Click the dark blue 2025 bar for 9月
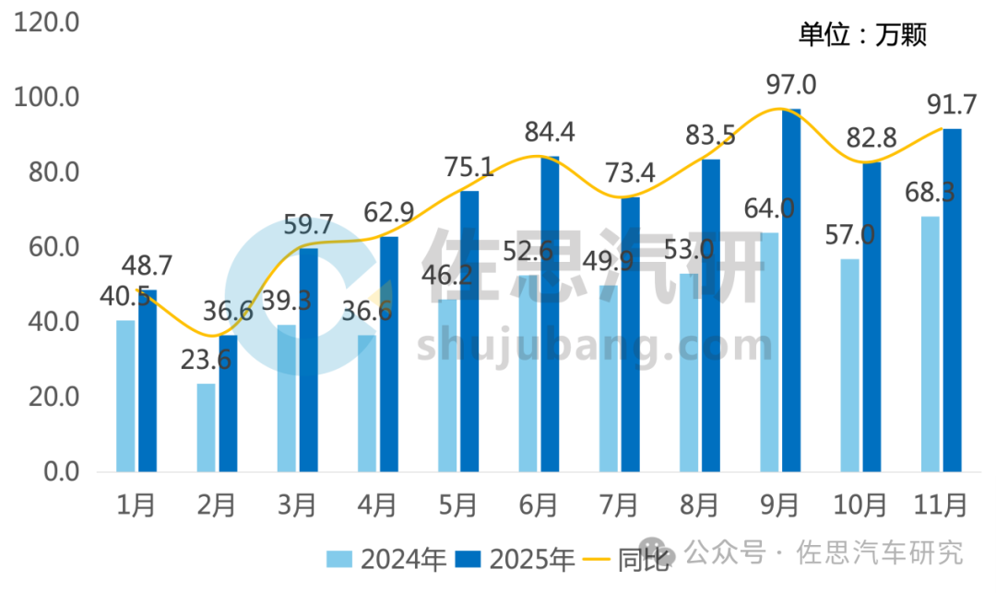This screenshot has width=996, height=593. pyautogui.click(x=791, y=291)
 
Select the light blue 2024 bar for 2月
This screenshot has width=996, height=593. pyautogui.click(x=206, y=428)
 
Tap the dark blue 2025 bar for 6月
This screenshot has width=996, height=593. pyautogui.click(x=550, y=314)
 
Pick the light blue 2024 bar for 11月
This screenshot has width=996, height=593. pyautogui.click(x=930, y=344)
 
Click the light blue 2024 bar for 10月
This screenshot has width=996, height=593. pyautogui.click(x=849, y=365)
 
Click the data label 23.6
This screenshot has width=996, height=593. pyautogui.click(x=205, y=360)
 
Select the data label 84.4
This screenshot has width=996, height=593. pyautogui.click(x=550, y=133)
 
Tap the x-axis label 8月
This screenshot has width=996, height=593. pyautogui.click(x=700, y=504)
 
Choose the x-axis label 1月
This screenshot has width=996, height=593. pyautogui.click(x=137, y=504)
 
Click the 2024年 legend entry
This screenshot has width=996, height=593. pyautogui.click(x=388, y=559)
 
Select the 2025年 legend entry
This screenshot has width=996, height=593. pyautogui.click(x=517, y=559)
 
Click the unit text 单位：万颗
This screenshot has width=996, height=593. pyautogui.click(x=861, y=35)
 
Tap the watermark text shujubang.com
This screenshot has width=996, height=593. pyautogui.click(x=595, y=346)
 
